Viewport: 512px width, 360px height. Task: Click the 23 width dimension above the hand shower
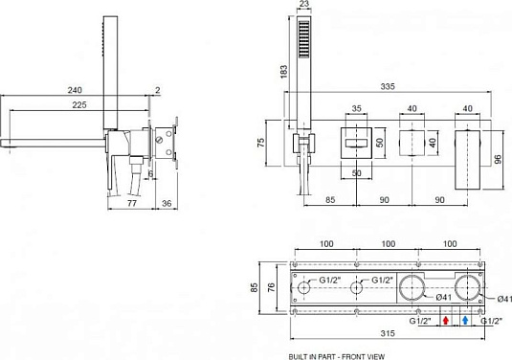click(303, 5)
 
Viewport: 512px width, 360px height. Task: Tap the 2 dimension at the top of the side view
click(158, 90)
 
